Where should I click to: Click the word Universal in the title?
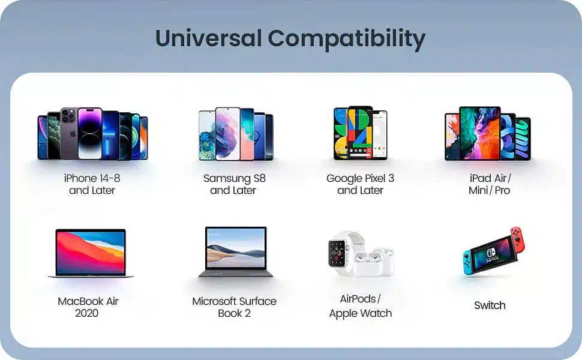tap(208, 38)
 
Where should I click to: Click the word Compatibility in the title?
tap(347, 40)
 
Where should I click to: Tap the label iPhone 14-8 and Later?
tap(92, 184)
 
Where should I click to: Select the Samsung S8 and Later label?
tap(234, 184)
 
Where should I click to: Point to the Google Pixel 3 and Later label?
tap(360, 184)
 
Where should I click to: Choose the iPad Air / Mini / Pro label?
tap(490, 184)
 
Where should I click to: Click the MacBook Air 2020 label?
tap(88, 307)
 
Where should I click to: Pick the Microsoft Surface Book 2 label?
tap(234, 307)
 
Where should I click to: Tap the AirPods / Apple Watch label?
tap(360, 306)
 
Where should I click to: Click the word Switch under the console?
tap(490, 305)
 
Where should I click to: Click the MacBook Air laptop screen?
tap(91, 251)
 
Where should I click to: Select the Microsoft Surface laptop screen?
tap(236, 248)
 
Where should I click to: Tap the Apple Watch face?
tap(337, 253)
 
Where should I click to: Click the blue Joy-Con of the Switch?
tap(469, 262)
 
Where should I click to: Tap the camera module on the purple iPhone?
tap(68, 115)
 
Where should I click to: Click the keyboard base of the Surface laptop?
tap(236, 274)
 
